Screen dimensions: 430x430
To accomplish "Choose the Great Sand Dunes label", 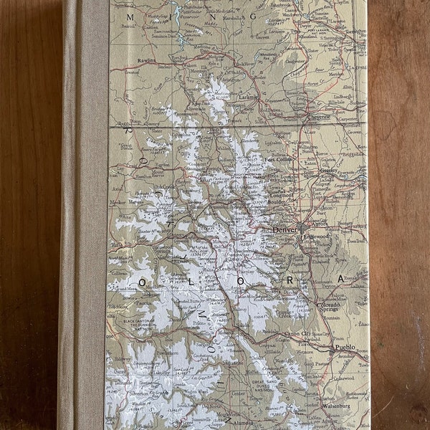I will coord(264,390).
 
